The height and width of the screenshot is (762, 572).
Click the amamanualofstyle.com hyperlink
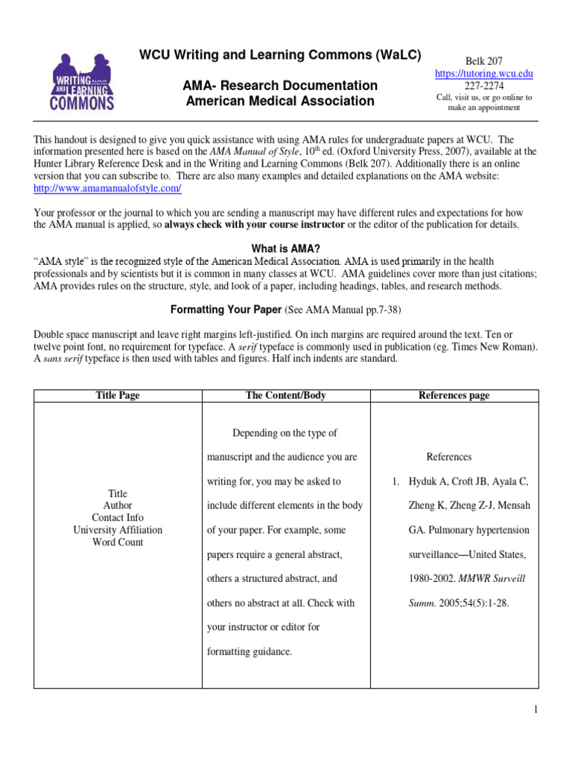coord(108,188)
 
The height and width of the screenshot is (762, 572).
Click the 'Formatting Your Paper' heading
coord(219,309)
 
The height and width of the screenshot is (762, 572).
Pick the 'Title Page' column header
coord(118,395)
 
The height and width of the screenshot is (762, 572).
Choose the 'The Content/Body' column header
coord(286,395)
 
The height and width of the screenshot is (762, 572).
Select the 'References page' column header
coord(454,395)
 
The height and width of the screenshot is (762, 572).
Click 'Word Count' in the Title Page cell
coord(118,542)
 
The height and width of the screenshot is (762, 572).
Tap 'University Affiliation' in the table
coord(118,530)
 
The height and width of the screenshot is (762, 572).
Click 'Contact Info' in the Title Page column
coord(118,517)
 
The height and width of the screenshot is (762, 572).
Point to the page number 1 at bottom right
coord(535,710)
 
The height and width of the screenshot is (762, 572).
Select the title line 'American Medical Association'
coord(280,100)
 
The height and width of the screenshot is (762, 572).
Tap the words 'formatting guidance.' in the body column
coord(250,651)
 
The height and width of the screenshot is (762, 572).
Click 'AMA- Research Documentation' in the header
coord(280,85)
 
